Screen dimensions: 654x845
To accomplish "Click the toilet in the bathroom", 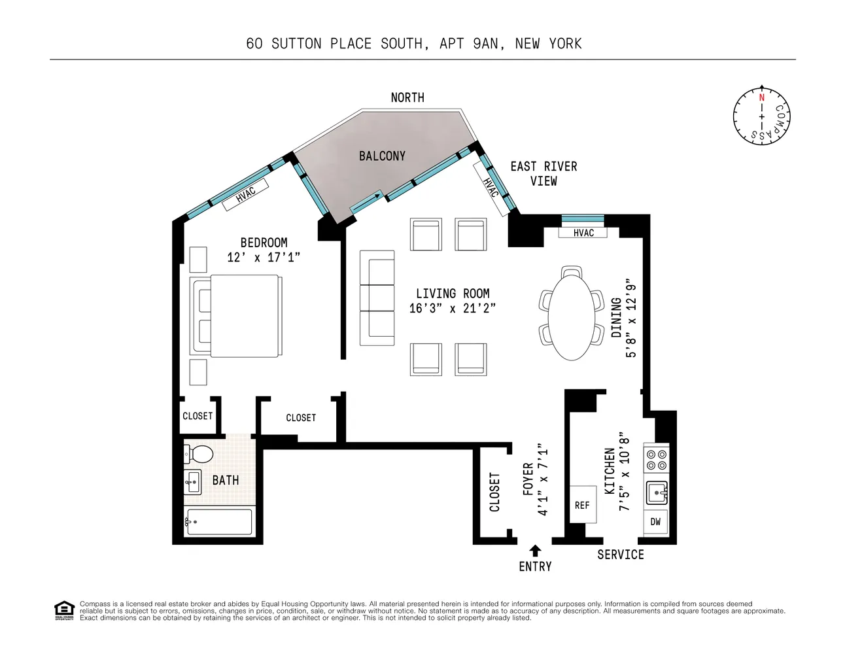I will (199, 453).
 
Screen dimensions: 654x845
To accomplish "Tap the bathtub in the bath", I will (219, 521).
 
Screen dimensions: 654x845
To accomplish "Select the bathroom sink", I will (193, 483).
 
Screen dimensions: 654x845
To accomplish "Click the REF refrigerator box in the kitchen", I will (582, 504).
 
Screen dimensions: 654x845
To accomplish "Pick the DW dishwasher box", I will (655, 521).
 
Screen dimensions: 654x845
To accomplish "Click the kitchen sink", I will (656, 492).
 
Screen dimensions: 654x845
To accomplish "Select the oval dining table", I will (571, 317).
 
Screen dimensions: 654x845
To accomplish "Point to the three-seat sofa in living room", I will (377, 298).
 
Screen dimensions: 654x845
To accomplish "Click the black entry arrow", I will (535, 551).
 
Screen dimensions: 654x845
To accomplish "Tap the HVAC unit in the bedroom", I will (245, 194).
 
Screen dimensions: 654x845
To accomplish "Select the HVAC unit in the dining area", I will (583, 233).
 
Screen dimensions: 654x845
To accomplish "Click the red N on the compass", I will (761, 97).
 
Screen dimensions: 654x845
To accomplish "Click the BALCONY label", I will (382, 156).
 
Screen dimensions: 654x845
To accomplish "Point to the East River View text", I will (543, 173).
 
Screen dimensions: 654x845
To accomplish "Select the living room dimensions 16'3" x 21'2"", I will (452, 308).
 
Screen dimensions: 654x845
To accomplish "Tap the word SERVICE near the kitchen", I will (620, 555).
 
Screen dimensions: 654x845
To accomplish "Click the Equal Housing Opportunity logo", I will (63, 610).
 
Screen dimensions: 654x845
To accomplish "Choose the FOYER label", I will (528, 479).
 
